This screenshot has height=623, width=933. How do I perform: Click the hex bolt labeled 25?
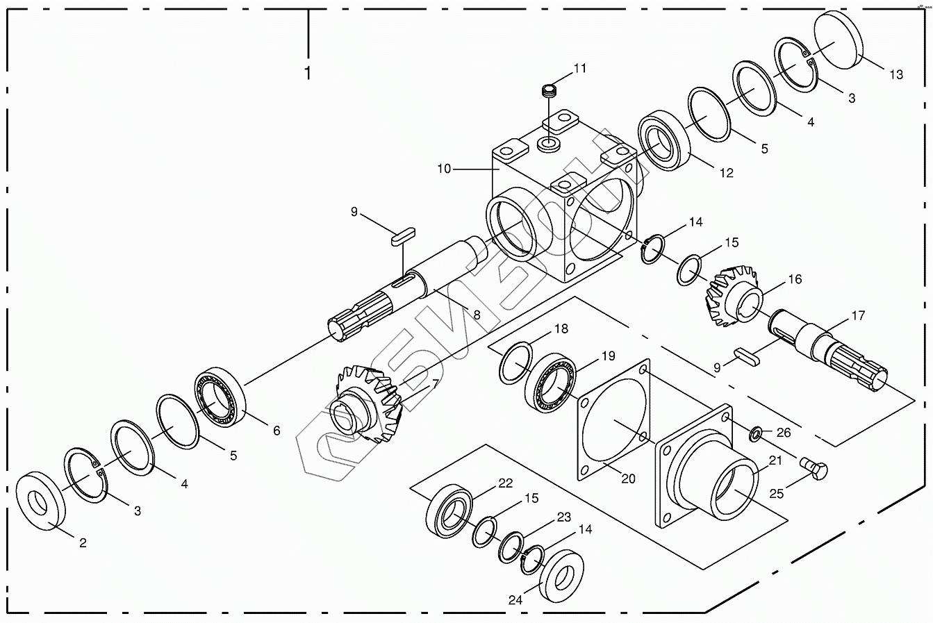814,469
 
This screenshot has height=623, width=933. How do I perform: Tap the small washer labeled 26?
756,434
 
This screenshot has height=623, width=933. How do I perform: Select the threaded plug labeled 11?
549,91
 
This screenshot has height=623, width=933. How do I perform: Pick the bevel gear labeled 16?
733,296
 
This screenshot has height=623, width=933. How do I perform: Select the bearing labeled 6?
220,397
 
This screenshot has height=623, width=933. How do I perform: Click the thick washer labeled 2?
41,501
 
